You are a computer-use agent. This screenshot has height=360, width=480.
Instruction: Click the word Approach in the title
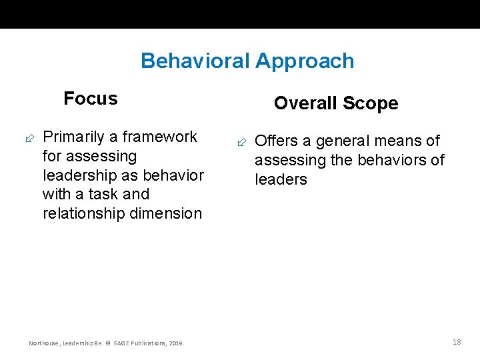pos(305,61)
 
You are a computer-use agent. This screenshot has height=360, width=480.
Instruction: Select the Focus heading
pos(91,99)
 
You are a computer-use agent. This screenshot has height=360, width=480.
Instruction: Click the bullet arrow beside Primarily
pos(29,138)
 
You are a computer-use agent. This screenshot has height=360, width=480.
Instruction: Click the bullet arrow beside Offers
pos(242,142)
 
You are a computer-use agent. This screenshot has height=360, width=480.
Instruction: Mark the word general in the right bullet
pos(341,141)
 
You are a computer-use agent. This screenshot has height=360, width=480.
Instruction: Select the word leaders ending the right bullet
pos(281,180)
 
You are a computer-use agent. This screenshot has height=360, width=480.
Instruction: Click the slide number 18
pos(457,342)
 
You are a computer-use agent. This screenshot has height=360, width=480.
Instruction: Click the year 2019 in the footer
pos(176,343)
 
